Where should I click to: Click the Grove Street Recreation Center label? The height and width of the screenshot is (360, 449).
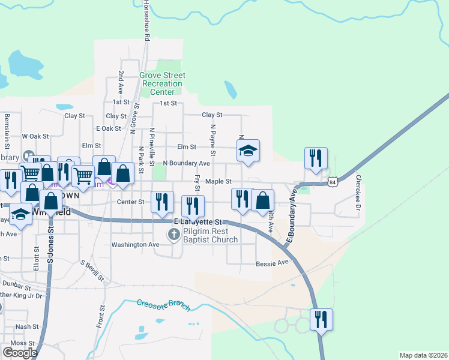coord(162,84)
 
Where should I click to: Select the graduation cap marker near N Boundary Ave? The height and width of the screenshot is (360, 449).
coord(248,151)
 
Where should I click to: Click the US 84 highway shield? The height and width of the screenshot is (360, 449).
coord(334,181)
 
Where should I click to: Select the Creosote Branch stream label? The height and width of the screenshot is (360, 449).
coord(163,305)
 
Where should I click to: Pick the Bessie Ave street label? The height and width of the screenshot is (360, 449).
coord(273,263)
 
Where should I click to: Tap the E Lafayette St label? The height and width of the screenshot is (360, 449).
coord(198,221)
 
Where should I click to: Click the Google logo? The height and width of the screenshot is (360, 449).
coord(20,352)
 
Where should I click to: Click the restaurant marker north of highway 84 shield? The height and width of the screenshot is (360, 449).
coord(316,158)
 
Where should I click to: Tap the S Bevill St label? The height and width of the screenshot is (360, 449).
coord(92,271)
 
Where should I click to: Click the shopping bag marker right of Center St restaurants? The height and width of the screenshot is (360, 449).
coord(262,200)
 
